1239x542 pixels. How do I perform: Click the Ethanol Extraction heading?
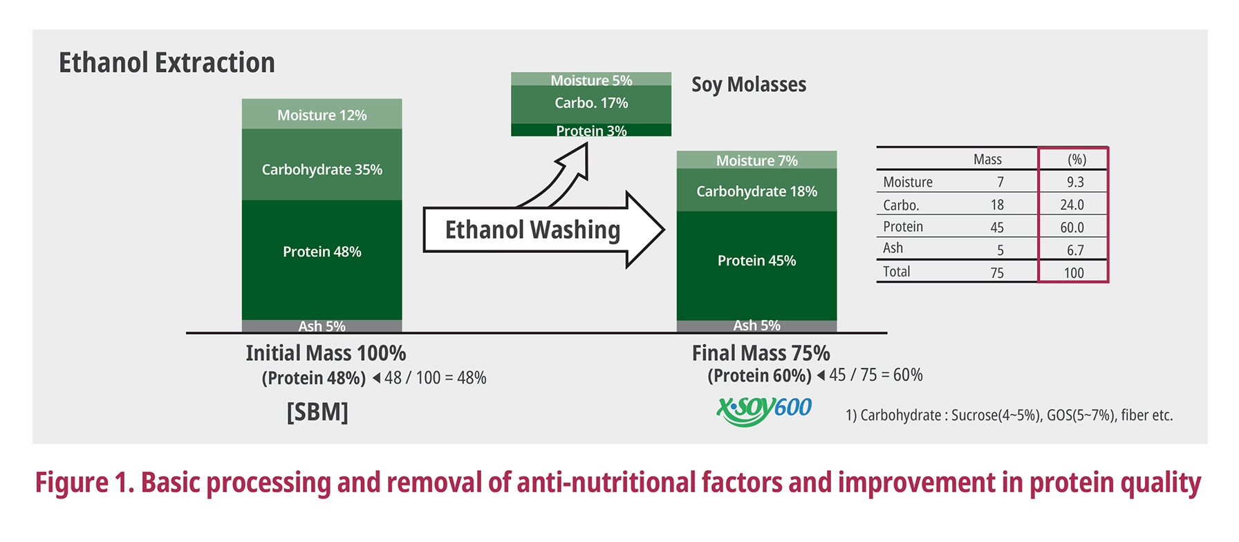tap(167, 63)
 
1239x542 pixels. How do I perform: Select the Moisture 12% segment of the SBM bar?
tap(322, 115)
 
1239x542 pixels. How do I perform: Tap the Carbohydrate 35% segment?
tap(322, 169)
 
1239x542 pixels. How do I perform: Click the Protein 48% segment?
tap(322, 252)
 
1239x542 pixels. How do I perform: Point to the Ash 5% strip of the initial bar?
tap(322, 326)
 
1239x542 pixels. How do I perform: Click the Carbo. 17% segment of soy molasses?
tap(591, 103)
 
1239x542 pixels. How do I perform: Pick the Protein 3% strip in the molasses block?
tap(591, 131)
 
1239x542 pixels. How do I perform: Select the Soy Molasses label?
tap(749, 84)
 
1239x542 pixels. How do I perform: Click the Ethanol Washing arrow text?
tap(532, 230)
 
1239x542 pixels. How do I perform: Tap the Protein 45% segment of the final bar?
tap(756, 261)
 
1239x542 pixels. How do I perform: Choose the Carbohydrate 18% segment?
tap(756, 191)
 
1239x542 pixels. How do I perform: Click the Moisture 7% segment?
tap(756, 160)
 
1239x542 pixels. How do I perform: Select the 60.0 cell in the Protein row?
tap(1072, 227)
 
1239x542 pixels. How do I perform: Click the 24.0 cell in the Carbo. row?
tap(1072, 205)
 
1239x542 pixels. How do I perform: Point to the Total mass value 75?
tap(997, 272)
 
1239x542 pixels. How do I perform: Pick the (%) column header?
tap(1077, 160)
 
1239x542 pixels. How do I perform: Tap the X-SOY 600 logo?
tap(764, 410)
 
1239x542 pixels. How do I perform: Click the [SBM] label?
tap(317, 412)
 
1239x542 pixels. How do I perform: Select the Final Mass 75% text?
tap(761, 353)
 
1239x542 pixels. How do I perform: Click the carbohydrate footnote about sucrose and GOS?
tap(1009, 415)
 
